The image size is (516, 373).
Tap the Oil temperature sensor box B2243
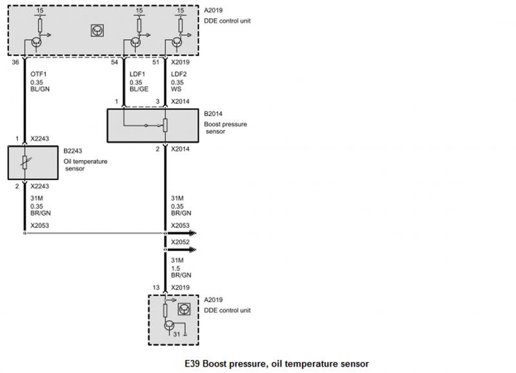34,163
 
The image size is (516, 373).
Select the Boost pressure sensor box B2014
152,125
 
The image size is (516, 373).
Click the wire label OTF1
38,74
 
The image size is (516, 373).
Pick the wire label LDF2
178,74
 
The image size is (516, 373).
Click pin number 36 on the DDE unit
15,63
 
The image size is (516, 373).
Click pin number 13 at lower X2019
156,287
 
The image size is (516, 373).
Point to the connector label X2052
181,243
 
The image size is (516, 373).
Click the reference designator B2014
214,113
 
